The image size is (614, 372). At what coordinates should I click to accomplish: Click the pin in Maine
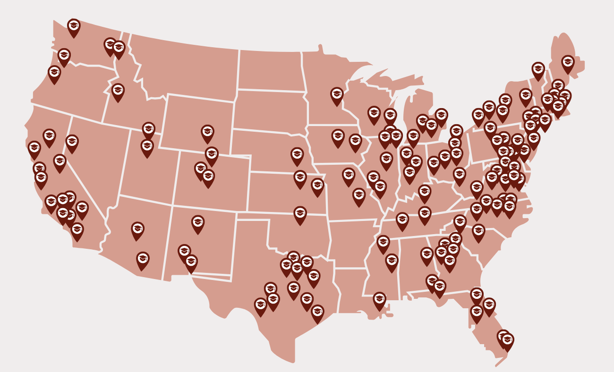pyautogui.click(x=568, y=63)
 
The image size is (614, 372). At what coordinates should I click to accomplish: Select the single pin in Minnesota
pyautogui.click(x=337, y=95)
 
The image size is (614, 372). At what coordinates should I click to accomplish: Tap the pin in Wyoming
pyautogui.click(x=207, y=133)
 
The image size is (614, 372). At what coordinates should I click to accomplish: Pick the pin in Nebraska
pyautogui.click(x=297, y=155)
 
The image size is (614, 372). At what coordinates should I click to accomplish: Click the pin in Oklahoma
pyautogui.click(x=300, y=214)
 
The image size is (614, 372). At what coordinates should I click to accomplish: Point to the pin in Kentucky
pyautogui.click(x=424, y=193)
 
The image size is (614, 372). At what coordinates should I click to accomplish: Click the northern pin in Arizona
pyautogui.click(x=137, y=230)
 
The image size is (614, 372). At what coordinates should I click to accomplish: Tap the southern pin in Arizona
pyautogui.click(x=143, y=260)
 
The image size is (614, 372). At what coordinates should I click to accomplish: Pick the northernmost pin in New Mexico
pyautogui.click(x=198, y=223)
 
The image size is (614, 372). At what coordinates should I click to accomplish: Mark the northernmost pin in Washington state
pyautogui.click(x=74, y=26)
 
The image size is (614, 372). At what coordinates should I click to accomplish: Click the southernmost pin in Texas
pyautogui.click(x=317, y=313)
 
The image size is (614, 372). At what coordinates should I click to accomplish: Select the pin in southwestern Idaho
pyautogui.click(x=118, y=91)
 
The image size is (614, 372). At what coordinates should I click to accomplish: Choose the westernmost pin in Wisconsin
pyautogui.click(x=374, y=114)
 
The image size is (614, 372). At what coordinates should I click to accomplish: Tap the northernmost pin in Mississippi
pyautogui.click(x=383, y=243)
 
